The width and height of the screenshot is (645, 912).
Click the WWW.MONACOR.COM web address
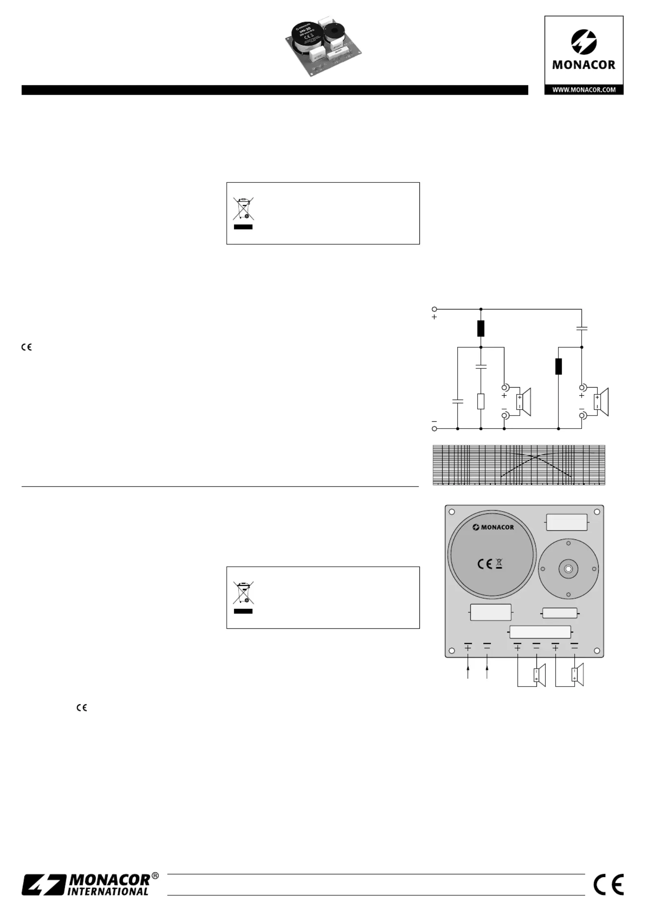(x=584, y=90)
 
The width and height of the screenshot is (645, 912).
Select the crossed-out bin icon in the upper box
(x=243, y=208)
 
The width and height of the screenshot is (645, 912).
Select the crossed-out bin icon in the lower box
(x=243, y=593)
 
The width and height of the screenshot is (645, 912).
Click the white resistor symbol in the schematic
(x=481, y=401)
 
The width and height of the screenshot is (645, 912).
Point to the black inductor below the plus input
(x=481, y=329)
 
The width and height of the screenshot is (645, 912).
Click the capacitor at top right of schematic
(x=582, y=328)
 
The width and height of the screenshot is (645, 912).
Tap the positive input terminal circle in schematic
(x=434, y=309)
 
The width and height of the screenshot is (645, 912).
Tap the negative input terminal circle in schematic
(x=434, y=429)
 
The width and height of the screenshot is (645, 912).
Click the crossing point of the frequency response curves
(x=537, y=456)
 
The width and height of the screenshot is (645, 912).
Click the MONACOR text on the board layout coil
(x=493, y=527)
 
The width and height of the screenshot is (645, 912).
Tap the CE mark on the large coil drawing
(x=485, y=564)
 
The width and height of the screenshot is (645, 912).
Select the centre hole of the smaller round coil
(x=568, y=569)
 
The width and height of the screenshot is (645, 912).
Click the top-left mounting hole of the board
(x=452, y=512)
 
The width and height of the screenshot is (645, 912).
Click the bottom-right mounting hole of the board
(x=597, y=651)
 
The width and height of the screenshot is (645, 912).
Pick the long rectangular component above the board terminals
(x=540, y=632)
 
